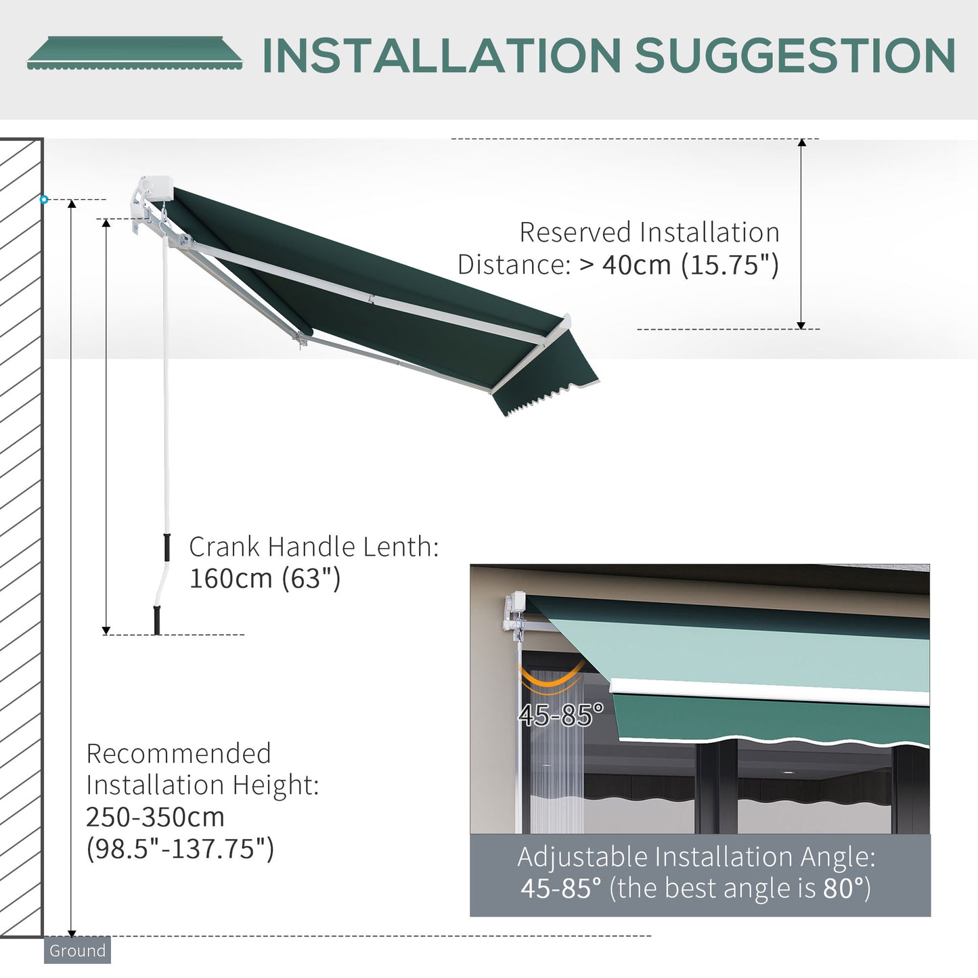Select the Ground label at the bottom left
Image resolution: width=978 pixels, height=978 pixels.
77,950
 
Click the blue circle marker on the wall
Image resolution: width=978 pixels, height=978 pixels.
44,200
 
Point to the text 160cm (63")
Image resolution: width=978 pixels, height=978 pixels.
265,579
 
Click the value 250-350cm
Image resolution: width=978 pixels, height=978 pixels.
155,817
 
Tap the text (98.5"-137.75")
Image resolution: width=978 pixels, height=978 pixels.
180,848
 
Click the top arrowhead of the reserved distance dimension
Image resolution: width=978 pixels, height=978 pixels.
801,143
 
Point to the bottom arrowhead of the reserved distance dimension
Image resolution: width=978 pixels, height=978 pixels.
801,326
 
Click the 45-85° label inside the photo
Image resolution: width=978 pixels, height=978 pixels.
560,715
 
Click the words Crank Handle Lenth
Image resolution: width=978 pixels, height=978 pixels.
313,547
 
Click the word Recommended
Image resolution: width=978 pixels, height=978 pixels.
179,753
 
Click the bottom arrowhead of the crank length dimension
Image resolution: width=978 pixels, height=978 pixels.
106,630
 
